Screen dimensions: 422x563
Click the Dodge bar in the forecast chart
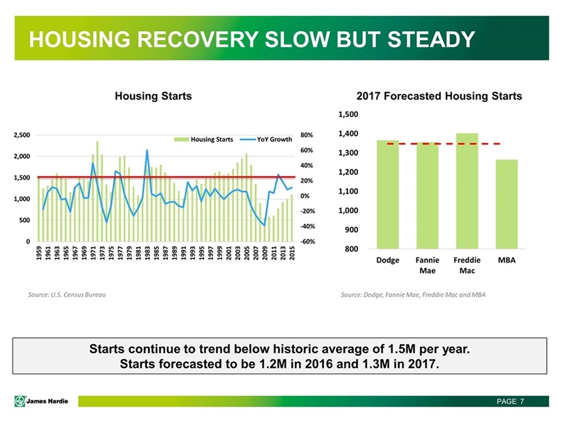[x=388, y=195]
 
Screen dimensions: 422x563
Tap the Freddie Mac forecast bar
[x=467, y=191]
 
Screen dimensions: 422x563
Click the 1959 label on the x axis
[x=39, y=253]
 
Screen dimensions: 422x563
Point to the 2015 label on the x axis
[x=291, y=253]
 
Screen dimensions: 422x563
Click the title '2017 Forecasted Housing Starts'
[x=440, y=96]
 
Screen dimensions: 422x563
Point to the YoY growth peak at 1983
[x=147, y=151]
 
